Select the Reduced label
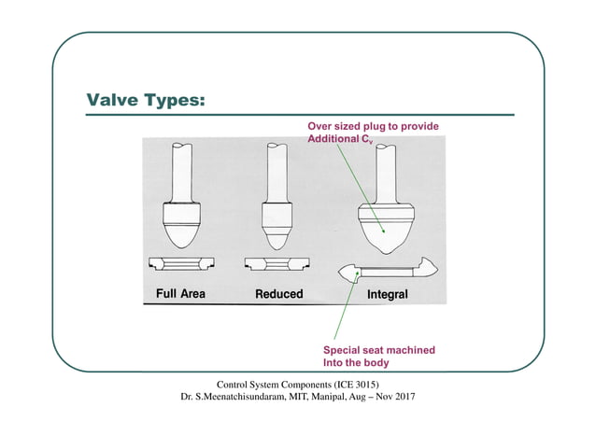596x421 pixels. point(279,294)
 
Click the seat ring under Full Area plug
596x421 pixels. point(181,265)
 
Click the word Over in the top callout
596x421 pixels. point(322,126)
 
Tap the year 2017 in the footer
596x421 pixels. point(403,397)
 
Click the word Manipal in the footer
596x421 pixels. point(307,397)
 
